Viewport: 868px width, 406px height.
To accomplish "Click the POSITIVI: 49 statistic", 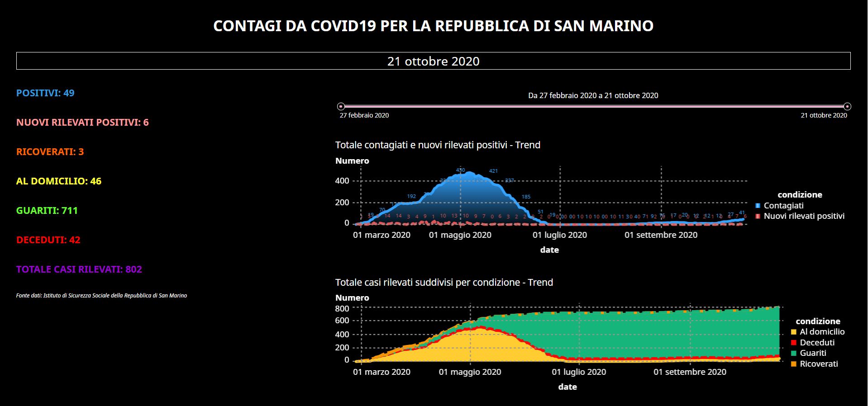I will point(45,93).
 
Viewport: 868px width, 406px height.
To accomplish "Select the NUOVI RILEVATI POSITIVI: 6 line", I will point(82,123).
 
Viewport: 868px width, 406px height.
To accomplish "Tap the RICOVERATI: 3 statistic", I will point(50,152).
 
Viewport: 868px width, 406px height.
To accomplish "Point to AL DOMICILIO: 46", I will point(59,181).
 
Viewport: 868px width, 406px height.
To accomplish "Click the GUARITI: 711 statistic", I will point(47,211).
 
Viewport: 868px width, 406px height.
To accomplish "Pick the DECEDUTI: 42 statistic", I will point(48,240).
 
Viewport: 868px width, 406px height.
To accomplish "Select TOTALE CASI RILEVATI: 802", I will point(79,269).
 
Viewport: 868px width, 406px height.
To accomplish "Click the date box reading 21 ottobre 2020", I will point(433,61).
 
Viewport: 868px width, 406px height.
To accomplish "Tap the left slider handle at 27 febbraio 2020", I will point(341,107).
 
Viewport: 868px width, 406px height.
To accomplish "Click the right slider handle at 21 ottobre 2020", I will point(847,107).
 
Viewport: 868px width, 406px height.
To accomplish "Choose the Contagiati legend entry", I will point(783,206).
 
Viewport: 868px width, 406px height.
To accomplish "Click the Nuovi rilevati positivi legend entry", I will point(804,216).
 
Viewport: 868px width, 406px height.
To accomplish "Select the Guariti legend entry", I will point(813,353).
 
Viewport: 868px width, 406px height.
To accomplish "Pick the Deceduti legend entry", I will point(817,343).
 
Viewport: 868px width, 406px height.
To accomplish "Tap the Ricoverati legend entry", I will point(819,364).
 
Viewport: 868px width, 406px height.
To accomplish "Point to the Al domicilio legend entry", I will point(822,332).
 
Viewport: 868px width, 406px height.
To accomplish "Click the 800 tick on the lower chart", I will point(342,308).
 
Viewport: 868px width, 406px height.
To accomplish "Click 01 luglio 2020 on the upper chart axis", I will point(559,235).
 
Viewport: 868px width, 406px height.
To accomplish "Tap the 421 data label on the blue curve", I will point(493,171).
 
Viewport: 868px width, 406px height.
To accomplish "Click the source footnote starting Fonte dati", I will point(101,296).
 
